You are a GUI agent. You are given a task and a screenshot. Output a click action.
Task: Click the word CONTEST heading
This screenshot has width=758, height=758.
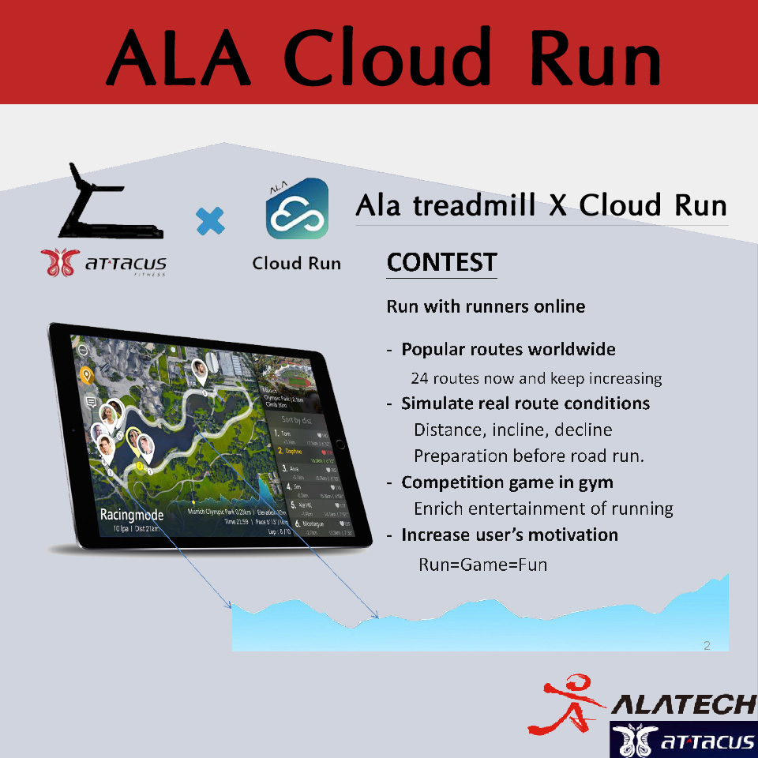441,263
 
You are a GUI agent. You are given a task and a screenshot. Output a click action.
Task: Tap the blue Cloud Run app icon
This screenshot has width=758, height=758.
297,209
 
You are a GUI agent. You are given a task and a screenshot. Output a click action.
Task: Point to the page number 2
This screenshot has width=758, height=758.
707,646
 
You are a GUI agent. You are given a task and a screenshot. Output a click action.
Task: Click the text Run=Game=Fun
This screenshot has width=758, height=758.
482,564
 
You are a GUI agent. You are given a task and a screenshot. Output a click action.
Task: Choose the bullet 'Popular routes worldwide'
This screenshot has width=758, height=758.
508,349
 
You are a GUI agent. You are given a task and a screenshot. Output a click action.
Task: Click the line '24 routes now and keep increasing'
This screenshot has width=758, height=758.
536,378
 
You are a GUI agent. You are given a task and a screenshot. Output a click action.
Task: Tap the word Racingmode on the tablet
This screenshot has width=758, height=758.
132,514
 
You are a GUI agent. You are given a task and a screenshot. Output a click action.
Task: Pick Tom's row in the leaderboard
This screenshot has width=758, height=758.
300,434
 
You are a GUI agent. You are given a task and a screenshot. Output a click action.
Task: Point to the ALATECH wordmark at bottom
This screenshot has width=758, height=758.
684,704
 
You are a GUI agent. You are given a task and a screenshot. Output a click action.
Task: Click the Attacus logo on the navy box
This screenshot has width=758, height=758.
684,741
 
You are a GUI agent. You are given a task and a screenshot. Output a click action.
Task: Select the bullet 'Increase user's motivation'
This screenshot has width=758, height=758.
509,535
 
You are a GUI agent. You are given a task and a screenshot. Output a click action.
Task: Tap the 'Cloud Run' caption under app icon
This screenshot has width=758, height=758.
297,263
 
